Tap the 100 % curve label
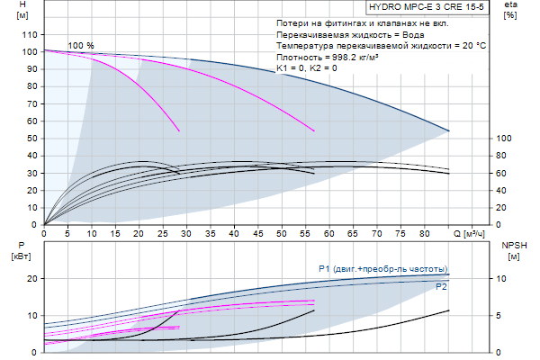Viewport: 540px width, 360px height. (81, 45)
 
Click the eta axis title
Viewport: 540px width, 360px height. (510, 10)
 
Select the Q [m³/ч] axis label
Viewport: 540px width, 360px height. (472, 234)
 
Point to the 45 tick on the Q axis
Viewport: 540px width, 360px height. (258, 234)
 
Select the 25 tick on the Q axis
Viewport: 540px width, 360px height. (163, 234)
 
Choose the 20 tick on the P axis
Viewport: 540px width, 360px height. (30, 279)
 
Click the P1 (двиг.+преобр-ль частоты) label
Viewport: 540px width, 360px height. (382, 269)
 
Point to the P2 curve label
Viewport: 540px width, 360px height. (441, 286)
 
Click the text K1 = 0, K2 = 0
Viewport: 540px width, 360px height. (307, 68)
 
